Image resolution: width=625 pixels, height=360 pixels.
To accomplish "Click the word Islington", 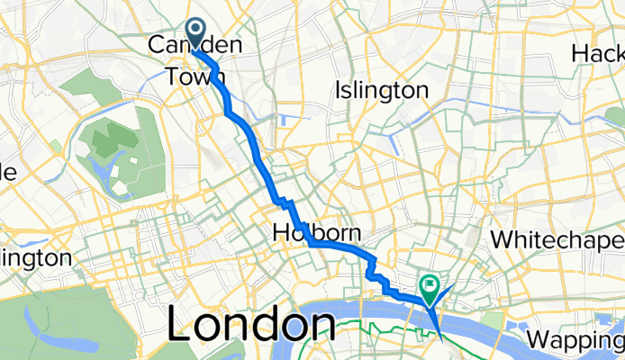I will coord(381,91).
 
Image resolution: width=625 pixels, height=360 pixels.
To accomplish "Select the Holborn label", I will coord(310,233).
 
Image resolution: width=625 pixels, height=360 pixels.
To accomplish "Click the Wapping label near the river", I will coord(577,341).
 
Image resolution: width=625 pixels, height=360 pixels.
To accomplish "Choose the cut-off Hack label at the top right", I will coord(598,53).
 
